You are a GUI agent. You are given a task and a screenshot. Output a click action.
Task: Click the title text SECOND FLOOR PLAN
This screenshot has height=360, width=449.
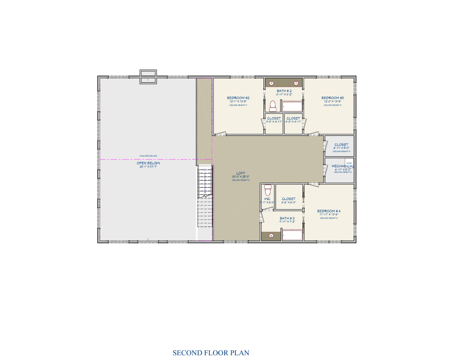[x=211, y=353]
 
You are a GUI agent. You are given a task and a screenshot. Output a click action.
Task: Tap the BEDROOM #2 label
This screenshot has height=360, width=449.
[x=238, y=98]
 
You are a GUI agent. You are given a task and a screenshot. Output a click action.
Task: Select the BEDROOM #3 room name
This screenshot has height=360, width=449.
[x=332, y=98]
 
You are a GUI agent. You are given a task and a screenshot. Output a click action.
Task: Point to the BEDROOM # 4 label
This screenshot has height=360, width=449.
[x=329, y=211]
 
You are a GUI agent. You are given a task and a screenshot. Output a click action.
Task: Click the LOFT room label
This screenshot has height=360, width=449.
[x=240, y=173]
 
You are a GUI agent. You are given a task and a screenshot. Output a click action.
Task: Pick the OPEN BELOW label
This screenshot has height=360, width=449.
[x=148, y=163]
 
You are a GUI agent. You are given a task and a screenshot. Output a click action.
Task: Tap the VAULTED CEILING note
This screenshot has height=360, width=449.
[x=148, y=156]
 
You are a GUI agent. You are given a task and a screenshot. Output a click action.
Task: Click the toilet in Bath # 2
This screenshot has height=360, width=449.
[x=272, y=106]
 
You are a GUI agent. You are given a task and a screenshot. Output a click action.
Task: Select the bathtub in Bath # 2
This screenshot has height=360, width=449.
[x=292, y=107]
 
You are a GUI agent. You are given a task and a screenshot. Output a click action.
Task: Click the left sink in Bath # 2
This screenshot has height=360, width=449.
[x=271, y=83]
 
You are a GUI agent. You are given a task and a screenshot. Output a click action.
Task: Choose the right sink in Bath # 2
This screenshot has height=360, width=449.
[x=296, y=83]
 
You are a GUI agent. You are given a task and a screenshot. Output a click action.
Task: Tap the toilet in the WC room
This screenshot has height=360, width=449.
[x=268, y=190]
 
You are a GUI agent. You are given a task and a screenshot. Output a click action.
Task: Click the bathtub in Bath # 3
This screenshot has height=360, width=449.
[x=292, y=235]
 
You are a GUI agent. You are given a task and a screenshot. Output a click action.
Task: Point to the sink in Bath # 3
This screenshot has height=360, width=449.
[x=271, y=236]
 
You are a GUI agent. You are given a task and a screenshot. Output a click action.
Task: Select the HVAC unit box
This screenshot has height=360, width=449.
[x=349, y=163]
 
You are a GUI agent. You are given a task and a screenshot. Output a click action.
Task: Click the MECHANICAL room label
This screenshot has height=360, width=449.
[x=342, y=166]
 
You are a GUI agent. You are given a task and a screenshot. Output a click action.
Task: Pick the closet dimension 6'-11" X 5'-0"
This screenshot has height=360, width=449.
[x=341, y=148]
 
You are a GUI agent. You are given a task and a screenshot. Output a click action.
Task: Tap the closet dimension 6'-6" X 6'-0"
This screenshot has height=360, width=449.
[x=288, y=202]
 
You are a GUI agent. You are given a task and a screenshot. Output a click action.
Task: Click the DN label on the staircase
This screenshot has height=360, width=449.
[x=205, y=170]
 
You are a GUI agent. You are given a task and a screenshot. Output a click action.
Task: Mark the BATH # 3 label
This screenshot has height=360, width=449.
[x=287, y=218]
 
